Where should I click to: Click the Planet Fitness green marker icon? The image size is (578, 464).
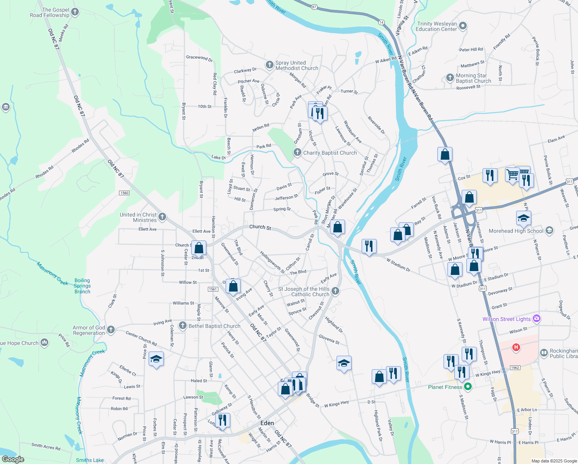pos(468,387)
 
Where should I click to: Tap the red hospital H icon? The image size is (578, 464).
pos(515,347)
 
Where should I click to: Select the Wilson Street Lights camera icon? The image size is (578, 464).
pos(536,319)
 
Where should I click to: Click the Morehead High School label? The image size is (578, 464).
pos(516,231)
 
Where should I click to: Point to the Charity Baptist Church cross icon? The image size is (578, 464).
pos(297,152)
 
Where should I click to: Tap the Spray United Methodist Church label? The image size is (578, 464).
pos(297,65)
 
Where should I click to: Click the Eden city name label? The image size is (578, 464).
pos(267,423)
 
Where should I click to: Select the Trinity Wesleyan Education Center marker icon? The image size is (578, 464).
pos(463,26)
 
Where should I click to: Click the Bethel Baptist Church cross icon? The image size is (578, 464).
pos(183,326)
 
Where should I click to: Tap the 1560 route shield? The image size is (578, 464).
pos(124,193)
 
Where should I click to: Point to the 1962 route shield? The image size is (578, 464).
pos(515,368)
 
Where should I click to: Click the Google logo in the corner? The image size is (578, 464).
pos(13,459)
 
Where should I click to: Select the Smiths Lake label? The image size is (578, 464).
pos(90,460)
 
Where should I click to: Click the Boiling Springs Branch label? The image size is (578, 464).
pos(82,286)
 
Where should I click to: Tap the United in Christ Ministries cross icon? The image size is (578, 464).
pos(162,217)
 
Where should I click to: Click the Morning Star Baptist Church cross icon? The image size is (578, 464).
pos(450,77)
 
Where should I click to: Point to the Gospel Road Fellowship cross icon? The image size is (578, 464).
pos(75,12)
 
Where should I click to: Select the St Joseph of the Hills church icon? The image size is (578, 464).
pos(335,291)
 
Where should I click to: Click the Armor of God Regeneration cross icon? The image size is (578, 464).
pos(111,329)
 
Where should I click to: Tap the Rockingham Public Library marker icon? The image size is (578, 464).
pos(544,352)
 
